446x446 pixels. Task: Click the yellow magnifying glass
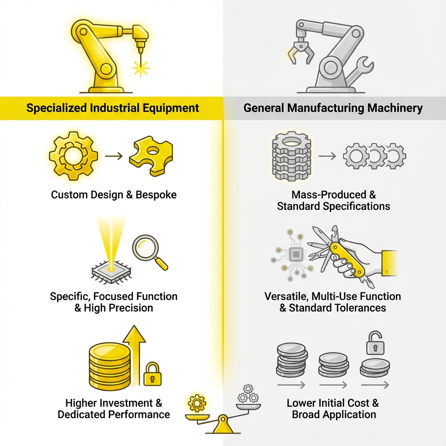(x=146, y=248)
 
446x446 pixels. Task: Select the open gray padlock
(x=374, y=343)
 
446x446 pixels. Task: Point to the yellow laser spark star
(x=140, y=68)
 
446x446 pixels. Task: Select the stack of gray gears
(x=291, y=156)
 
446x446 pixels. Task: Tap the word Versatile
(x=285, y=297)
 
